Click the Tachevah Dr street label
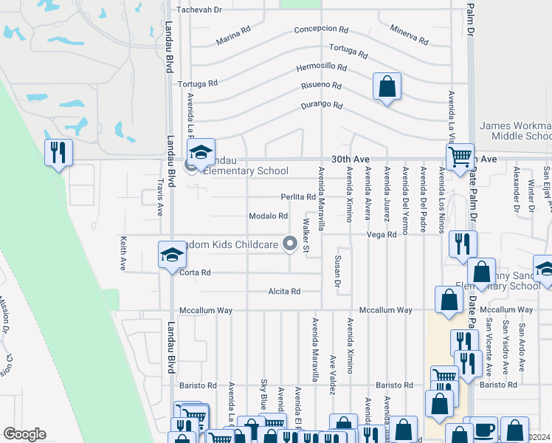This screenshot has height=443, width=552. point(199,10)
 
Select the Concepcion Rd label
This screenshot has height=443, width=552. point(320,30)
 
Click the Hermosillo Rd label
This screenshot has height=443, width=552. point(321,66)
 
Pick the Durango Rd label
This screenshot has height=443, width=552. point(322,106)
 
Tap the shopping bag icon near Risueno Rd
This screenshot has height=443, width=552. point(387,87)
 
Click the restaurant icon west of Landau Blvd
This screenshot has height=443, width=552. point(58,153)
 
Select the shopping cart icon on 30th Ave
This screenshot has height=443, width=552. point(460,157)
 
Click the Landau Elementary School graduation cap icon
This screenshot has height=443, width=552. point(200,152)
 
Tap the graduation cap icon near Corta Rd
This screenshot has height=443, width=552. point(172,255)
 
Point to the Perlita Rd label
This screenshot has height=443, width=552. point(297,197)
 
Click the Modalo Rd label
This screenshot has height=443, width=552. point(268,216)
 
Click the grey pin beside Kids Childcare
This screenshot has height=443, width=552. point(291,242)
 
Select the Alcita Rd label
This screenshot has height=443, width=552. point(285,292)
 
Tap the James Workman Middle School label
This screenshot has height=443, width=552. point(515,131)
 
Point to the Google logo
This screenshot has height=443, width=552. point(24,434)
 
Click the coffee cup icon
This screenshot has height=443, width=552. point(484,430)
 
